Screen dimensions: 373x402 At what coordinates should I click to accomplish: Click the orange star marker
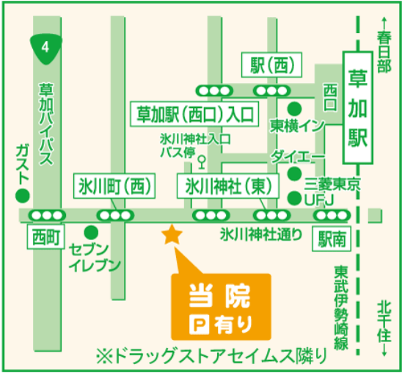pyautogui.click(x=171, y=235)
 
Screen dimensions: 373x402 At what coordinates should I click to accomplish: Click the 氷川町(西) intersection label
pyautogui.click(x=114, y=186)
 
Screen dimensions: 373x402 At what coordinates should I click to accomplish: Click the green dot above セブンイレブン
pyautogui.click(x=91, y=230)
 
